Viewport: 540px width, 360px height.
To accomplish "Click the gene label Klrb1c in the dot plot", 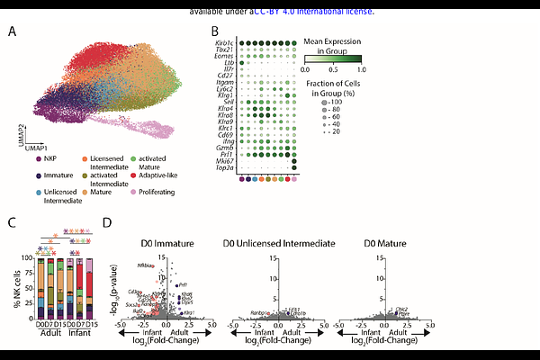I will (224, 41).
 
